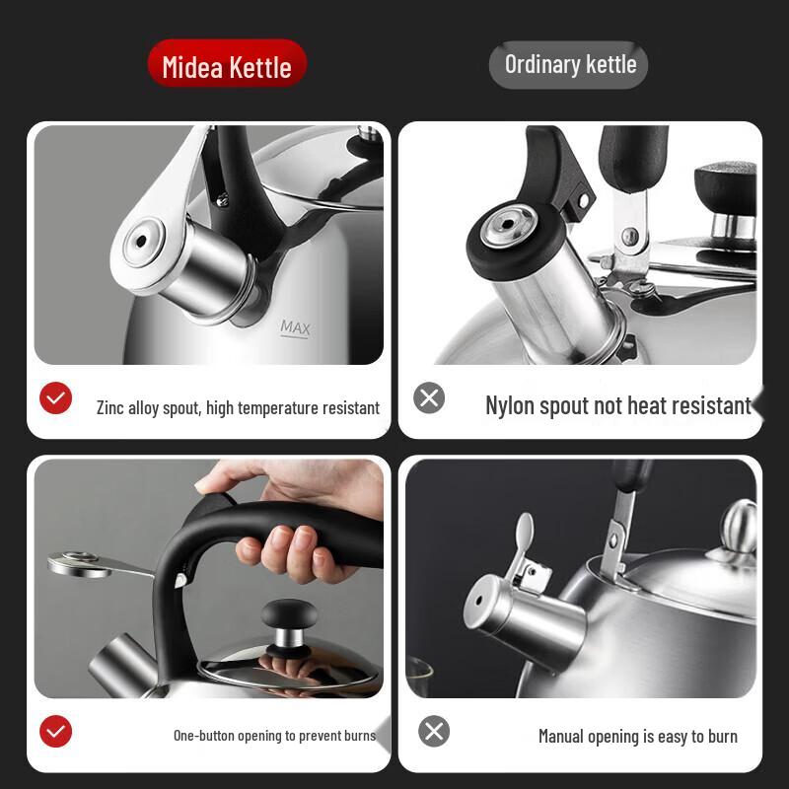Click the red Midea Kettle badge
(x=227, y=64)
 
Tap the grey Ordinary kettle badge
(x=569, y=65)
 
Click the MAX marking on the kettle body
(x=295, y=327)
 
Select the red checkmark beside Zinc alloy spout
(x=55, y=398)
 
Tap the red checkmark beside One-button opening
(x=55, y=731)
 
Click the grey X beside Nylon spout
(x=429, y=398)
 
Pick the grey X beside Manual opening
(x=434, y=731)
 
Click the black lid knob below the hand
(x=289, y=614)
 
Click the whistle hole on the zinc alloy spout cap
(x=141, y=242)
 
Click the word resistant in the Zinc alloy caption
(x=351, y=408)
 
